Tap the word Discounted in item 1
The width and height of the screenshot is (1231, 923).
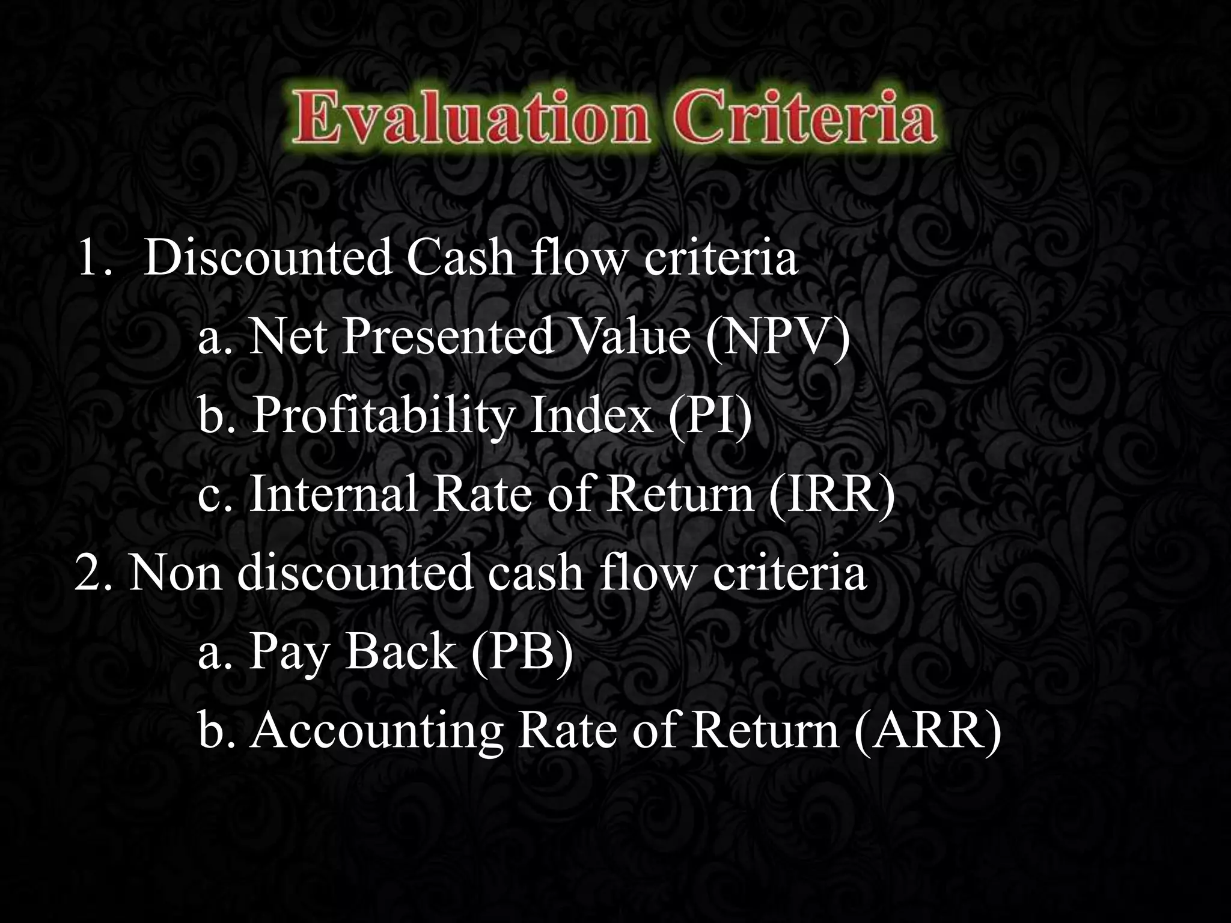pos(268,258)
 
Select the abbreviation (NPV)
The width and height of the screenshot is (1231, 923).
pos(778,337)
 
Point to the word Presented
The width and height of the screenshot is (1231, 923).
pos(448,337)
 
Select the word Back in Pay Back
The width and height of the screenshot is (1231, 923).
pos(400,652)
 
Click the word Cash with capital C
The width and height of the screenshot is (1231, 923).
pos(460,258)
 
